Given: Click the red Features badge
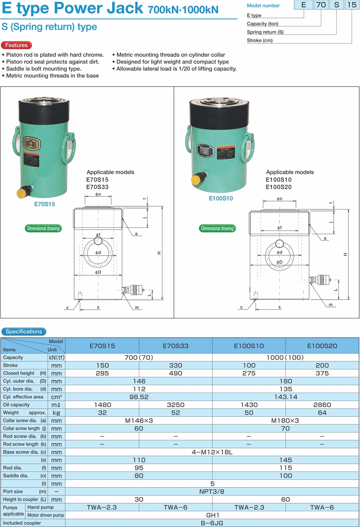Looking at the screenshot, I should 16,45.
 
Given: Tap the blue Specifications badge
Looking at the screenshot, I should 24,332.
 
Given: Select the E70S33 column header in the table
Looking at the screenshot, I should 175,346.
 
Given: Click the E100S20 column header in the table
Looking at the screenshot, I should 322,346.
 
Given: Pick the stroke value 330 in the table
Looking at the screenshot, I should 175,365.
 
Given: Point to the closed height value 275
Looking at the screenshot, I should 248,373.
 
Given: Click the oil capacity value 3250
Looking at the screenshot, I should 175,405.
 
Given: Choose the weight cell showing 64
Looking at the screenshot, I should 322,413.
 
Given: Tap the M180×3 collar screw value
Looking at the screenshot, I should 285,421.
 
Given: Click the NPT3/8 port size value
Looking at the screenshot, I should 212,491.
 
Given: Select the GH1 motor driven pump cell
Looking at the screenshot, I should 212,515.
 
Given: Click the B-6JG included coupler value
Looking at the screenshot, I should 212,523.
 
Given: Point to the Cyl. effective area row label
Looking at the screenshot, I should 23,397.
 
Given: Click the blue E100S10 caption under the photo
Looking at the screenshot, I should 220,199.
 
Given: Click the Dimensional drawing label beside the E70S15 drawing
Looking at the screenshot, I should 43,228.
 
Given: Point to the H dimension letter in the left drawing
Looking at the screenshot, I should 159,253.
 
